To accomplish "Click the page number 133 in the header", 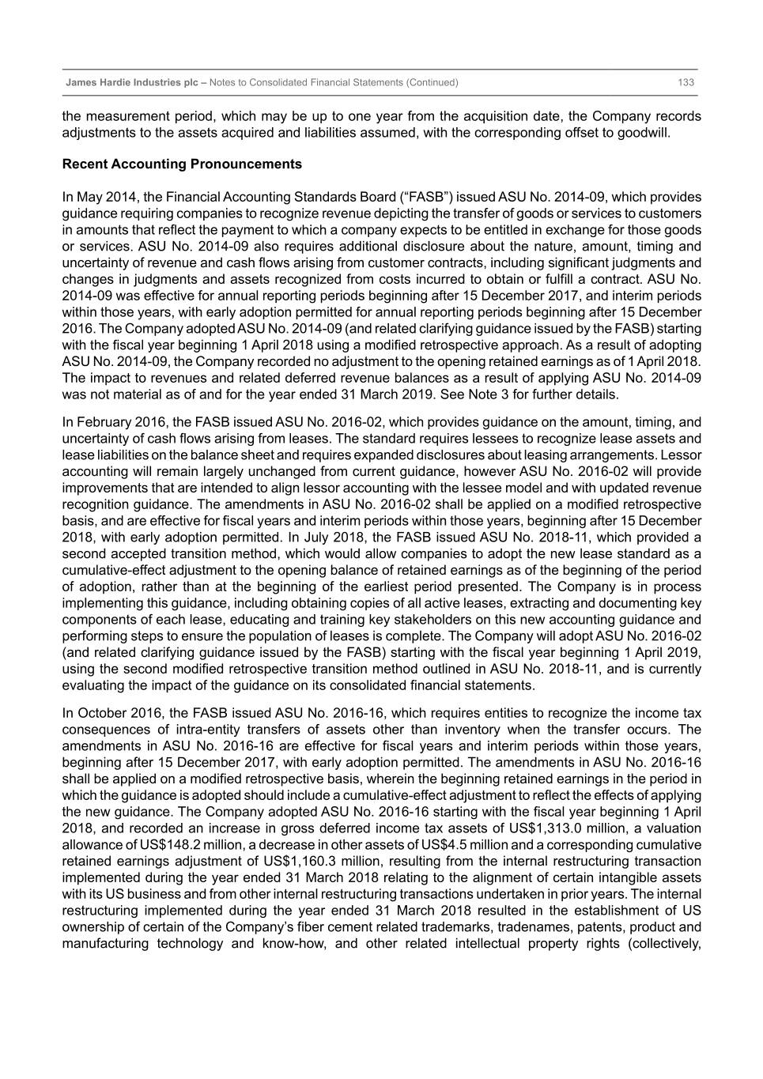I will tap(686, 83).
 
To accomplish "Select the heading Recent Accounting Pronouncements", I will tap(182, 164).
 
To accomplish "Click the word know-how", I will tap(292, 944).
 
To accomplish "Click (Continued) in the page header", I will tap(432, 83).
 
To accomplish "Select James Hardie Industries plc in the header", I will tap(131, 83).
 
